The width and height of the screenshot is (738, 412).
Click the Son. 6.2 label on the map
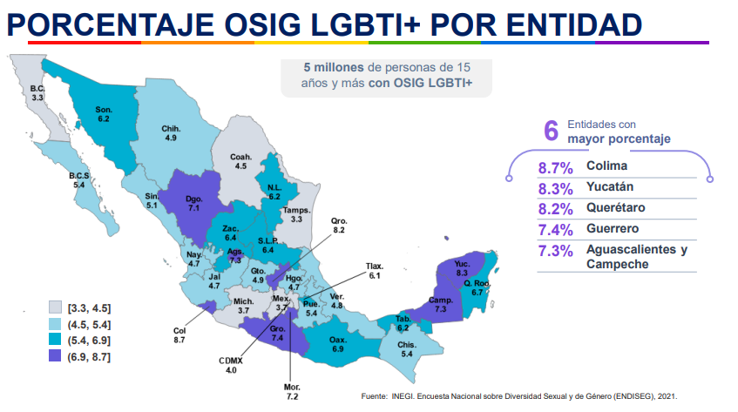point(103,113)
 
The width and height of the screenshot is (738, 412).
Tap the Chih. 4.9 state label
point(170,133)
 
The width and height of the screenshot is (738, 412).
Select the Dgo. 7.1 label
point(194,204)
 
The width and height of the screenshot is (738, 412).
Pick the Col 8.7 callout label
point(179,334)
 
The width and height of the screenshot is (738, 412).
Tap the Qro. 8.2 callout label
point(339,226)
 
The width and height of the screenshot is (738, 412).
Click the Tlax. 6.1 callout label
point(375,270)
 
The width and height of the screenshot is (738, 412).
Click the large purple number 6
point(550,131)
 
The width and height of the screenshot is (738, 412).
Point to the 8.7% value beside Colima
point(554,167)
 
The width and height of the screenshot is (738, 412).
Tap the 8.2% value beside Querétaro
point(554,209)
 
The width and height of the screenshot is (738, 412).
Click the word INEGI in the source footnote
point(403,396)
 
